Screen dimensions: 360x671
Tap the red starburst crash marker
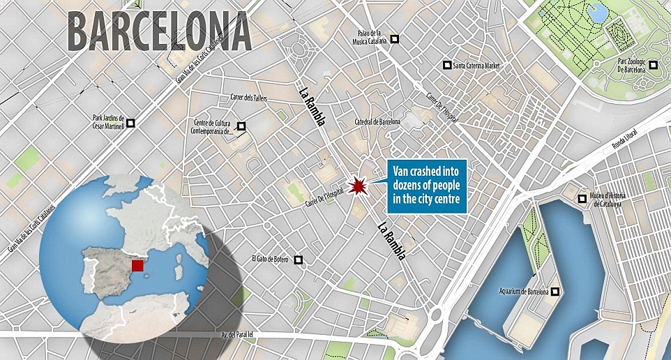[359, 186]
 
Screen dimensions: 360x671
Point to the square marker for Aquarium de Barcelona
[556, 291]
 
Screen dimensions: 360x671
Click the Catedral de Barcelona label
[377, 121]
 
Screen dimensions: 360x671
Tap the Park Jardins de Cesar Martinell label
[107, 123]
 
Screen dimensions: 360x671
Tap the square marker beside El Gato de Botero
[299, 260]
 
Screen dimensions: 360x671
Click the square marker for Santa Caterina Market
[446, 66]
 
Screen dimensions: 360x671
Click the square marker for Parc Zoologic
[654, 66]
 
